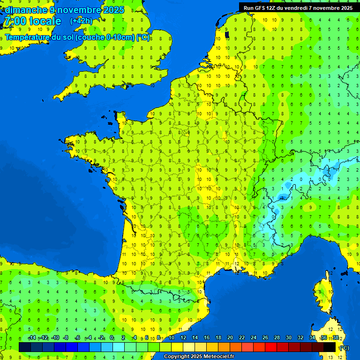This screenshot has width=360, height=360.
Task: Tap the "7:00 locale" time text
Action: [x=32, y=22]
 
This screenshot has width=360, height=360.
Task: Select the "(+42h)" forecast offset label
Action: [x=82, y=21]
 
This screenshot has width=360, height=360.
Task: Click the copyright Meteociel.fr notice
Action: [x=199, y=357]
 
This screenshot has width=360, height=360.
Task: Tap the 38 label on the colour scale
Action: [x=335, y=337]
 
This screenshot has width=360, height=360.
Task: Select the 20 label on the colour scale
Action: [x=230, y=337]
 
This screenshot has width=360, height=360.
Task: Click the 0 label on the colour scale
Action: [x=112, y=337]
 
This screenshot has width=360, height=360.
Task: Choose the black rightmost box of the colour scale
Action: [x=330, y=347]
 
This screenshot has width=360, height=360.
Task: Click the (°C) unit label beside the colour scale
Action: [x=344, y=347]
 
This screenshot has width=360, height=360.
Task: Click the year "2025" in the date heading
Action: [x=112, y=9]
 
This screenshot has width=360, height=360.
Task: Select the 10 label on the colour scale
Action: [x=172, y=337]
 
